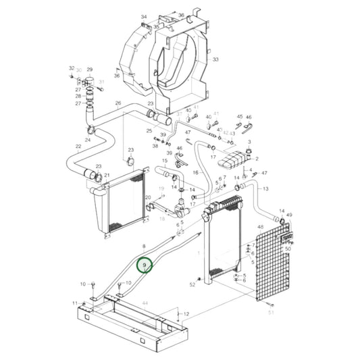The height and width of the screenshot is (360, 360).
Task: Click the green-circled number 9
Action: [145, 265]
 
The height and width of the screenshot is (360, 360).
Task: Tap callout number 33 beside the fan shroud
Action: [215, 60]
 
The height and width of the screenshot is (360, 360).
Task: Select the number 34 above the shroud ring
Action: [143, 16]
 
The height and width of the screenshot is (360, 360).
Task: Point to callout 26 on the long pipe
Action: [118, 103]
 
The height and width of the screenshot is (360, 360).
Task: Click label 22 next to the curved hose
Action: [78, 147]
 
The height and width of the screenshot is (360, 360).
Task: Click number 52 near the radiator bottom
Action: [192, 284]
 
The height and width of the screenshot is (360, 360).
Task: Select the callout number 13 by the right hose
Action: [265, 188]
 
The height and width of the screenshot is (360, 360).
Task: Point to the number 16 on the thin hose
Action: [195, 173]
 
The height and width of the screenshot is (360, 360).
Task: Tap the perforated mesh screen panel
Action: [271, 263]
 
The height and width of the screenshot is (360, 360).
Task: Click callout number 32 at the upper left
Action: [71, 69]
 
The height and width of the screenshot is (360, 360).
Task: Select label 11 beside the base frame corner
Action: [75, 303]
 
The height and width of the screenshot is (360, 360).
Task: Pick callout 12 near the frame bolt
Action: [187, 314]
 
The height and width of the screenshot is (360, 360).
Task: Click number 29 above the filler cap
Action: [89, 70]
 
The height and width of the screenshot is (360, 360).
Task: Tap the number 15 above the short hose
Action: [163, 161]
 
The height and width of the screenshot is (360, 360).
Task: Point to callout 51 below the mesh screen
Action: [271, 313]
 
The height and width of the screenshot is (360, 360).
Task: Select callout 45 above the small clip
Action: [239, 117]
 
